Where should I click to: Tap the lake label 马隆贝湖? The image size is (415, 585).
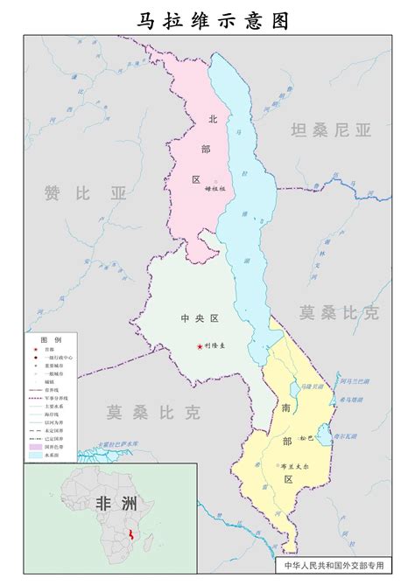tap(311, 386)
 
